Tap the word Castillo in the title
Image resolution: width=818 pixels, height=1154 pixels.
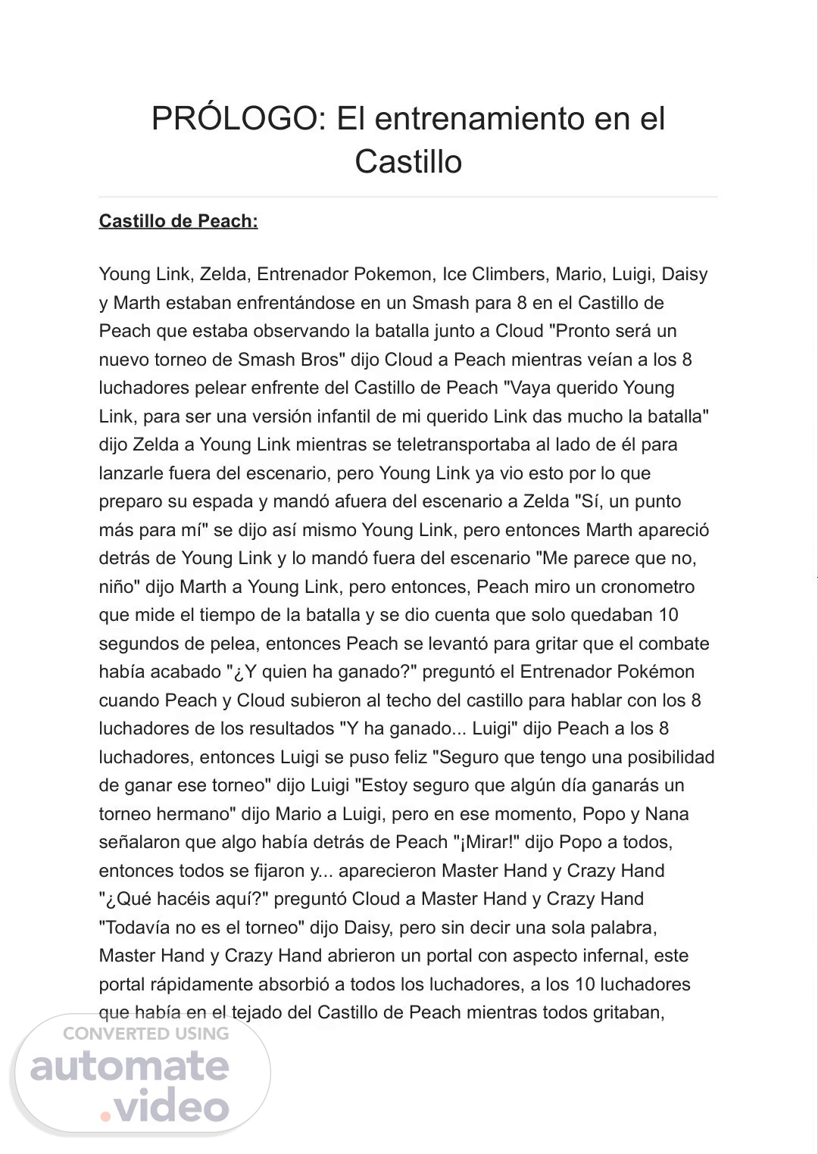(408, 161)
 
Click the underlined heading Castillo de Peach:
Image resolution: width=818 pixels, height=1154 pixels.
(178, 221)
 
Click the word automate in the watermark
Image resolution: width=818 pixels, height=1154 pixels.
(130, 1067)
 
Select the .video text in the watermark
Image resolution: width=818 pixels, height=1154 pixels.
(166, 1107)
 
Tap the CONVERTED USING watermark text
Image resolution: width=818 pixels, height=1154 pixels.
(145, 1034)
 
